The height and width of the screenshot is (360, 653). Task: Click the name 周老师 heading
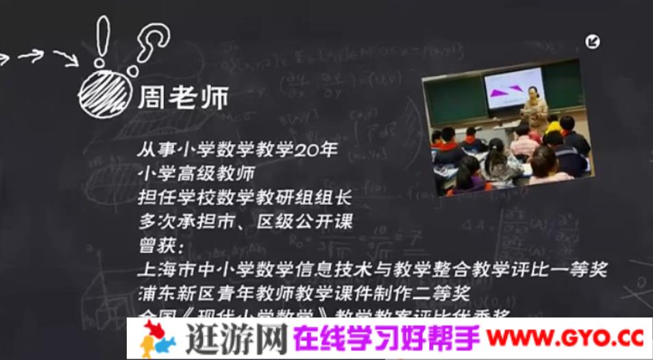point(182,98)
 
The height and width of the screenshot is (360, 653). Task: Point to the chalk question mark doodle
point(149,44)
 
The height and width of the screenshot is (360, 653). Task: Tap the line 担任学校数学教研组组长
point(244,198)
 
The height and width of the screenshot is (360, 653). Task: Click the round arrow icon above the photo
point(592,42)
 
